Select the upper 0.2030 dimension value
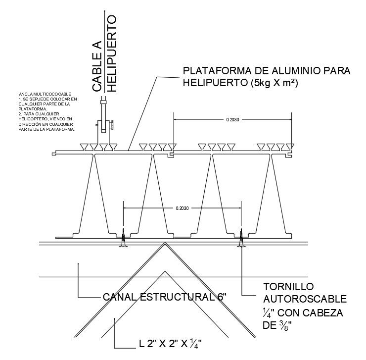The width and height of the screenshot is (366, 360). pos(232,120)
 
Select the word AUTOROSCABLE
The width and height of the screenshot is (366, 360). pos(302,300)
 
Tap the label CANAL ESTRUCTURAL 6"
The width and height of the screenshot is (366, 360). pos(164,298)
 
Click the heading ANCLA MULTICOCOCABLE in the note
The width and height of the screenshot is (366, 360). pos(45,94)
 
